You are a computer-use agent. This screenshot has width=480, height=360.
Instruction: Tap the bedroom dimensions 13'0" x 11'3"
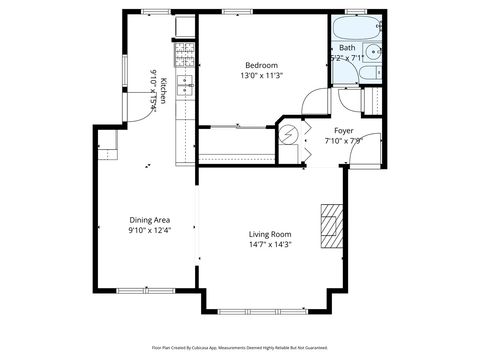click(263, 74)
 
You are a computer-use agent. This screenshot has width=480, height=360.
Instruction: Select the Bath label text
click(346, 47)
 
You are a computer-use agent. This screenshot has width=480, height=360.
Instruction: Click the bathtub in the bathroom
click(351, 27)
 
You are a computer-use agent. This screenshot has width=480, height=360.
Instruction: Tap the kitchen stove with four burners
click(184, 53)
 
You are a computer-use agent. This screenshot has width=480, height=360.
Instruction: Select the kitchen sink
click(184, 86)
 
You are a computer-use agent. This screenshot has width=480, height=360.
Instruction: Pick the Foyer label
click(343, 129)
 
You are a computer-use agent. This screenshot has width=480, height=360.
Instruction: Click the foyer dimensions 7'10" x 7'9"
click(343, 141)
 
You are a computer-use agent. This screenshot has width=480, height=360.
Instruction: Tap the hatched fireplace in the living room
click(330, 224)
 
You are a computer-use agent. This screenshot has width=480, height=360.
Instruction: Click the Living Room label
click(269, 234)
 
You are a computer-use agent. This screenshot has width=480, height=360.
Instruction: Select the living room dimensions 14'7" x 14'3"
click(269, 246)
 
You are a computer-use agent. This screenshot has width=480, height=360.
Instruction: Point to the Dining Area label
click(148, 220)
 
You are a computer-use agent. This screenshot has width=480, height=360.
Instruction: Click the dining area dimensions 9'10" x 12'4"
click(148, 231)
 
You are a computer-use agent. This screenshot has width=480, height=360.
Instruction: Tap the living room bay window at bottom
click(269, 310)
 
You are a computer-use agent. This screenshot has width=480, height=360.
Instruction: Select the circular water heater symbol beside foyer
click(290, 133)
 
